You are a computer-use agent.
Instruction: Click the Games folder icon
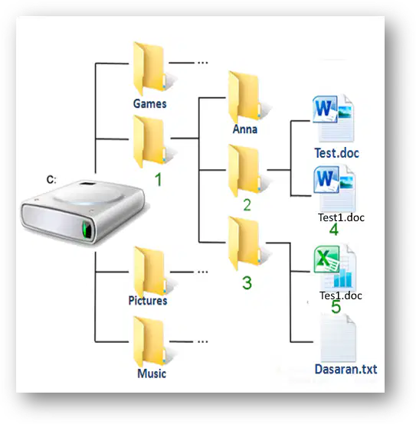pos(149,69)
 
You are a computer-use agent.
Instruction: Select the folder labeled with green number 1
pos(149,142)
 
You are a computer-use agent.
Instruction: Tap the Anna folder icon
pos(244,97)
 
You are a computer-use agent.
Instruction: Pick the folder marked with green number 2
pos(244,171)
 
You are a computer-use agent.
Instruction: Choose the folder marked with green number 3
pos(244,243)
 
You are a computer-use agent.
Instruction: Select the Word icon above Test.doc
pos(333,118)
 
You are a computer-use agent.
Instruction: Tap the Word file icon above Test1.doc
pos(335,188)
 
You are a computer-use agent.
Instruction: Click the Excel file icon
pos(335,267)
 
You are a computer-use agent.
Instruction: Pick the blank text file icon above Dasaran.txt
pos(338,338)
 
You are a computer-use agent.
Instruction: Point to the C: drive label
pos(51,179)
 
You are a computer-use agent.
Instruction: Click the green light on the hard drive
pos(87,229)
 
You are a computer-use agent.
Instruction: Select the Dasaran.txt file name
pos(346,370)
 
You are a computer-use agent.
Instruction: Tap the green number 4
pos(334,230)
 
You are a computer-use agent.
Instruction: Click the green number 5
pos(336,306)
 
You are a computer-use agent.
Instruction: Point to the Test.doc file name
pos(336,153)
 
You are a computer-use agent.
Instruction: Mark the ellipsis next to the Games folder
pos(203,63)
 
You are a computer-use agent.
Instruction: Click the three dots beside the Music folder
pos(203,341)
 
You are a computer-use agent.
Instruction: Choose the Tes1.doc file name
pos(341,295)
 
